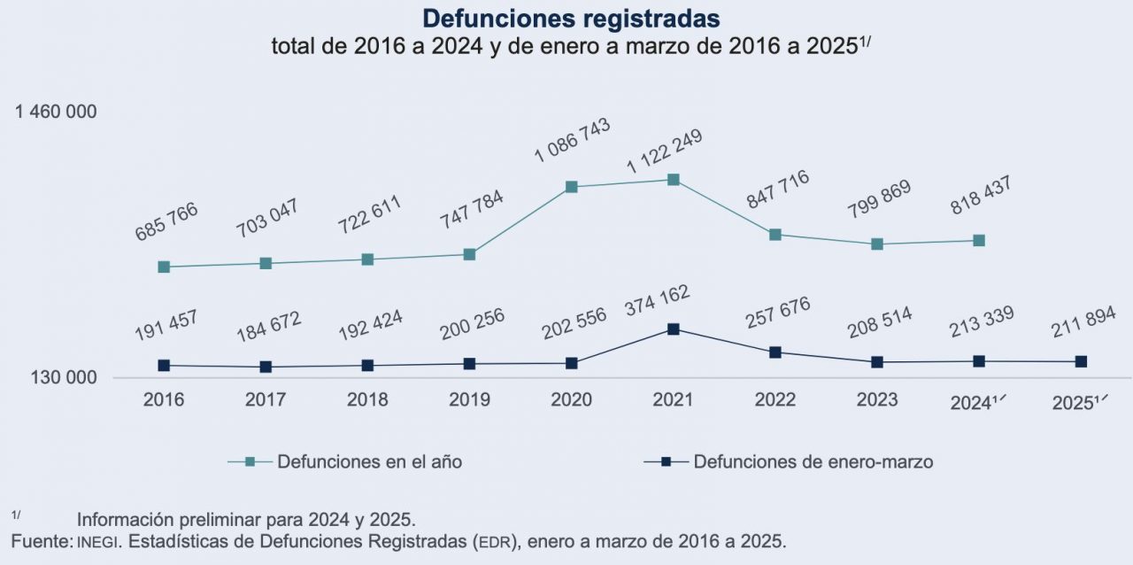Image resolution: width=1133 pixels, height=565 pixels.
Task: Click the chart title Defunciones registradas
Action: [x=571, y=19]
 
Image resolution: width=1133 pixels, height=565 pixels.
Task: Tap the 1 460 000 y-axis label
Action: [x=56, y=112]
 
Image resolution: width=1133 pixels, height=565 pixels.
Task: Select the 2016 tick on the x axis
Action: [x=164, y=400]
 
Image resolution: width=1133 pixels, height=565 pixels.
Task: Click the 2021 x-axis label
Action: [x=673, y=400]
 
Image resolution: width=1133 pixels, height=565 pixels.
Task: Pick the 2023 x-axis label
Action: [x=877, y=400]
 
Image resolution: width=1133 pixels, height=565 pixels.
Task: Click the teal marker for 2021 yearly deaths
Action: [x=674, y=180]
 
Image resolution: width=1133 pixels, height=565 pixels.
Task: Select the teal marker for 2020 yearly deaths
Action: [x=572, y=187]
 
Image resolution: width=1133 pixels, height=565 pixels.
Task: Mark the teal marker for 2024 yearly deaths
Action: [x=980, y=241]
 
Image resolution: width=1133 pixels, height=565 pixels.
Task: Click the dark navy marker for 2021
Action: [x=674, y=329]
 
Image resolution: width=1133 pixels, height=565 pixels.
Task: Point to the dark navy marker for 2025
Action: [x=1081, y=361]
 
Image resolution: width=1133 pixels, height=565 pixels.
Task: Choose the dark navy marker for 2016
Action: [x=164, y=366]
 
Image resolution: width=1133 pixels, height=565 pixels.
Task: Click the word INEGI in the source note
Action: [x=96, y=541]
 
